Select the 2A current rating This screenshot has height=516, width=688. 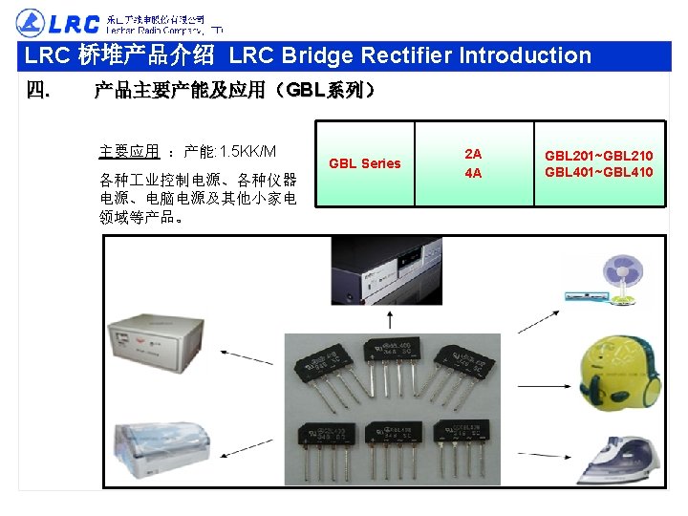(x=473, y=153)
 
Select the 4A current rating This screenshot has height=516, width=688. (x=473, y=173)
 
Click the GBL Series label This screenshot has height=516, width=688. (x=365, y=163)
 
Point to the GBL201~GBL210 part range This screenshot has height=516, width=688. (x=599, y=155)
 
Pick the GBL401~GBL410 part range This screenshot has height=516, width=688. (x=599, y=172)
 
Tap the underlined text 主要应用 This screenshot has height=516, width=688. (x=129, y=152)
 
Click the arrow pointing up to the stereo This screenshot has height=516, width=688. (x=385, y=317)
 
